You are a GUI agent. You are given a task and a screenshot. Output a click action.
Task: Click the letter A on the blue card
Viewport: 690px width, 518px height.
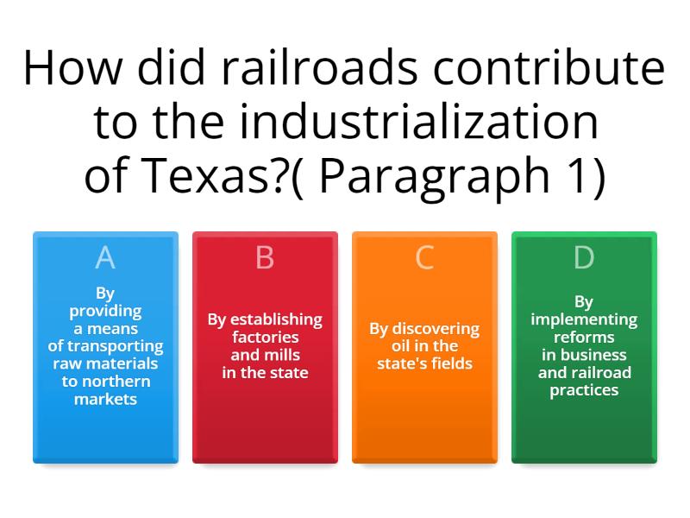click(105, 258)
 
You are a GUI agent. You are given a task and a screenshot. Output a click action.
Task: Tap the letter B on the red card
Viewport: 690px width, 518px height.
click(265, 258)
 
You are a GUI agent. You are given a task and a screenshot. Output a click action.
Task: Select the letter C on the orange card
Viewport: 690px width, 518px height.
click(424, 258)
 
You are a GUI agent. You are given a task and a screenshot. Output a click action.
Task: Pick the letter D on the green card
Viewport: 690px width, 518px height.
click(584, 258)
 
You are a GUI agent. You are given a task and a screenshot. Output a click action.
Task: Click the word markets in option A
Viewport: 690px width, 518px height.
click(105, 399)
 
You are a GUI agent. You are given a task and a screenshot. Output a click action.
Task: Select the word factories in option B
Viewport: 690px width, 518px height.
click(265, 337)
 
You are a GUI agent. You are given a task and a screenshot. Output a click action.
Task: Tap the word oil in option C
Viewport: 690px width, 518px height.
click(393, 346)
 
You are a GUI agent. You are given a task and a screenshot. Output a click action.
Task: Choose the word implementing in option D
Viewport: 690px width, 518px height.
click(584, 319)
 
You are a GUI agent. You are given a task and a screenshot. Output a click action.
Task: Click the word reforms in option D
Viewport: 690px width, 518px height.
click(584, 337)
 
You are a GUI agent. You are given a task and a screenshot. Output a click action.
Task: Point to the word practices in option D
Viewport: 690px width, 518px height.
click(584, 390)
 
